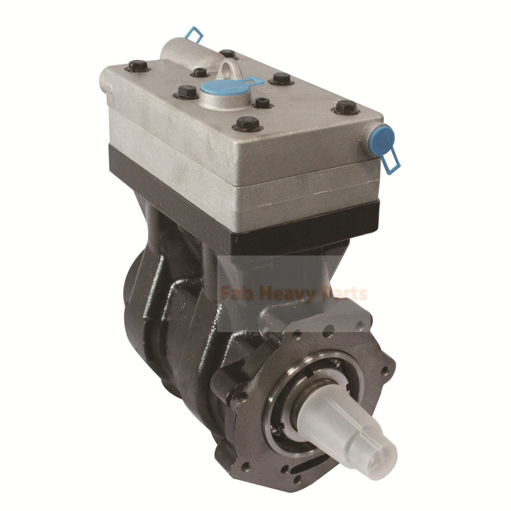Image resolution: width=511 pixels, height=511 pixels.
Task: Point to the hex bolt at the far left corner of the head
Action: pos(137,65)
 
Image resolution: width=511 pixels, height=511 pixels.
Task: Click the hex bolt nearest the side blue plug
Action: pos(347,107)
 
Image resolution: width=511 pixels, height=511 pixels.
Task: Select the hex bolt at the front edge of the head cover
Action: pos(248,123)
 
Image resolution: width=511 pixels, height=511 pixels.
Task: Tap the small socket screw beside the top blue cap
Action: pos(262,102)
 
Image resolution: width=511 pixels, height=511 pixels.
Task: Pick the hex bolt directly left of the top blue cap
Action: pos(185,93)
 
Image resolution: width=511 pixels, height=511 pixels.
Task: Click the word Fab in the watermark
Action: pos(235,294)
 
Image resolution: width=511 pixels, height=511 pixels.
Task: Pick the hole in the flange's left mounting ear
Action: pos(241,396)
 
